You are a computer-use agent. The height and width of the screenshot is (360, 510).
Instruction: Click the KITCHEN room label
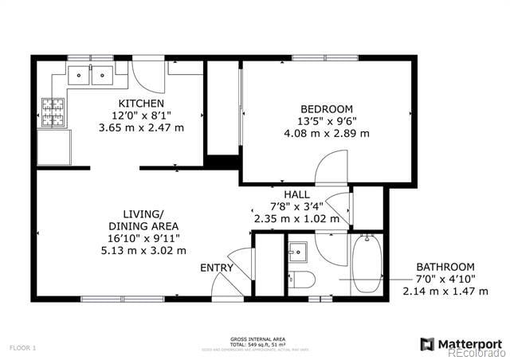click(141, 104)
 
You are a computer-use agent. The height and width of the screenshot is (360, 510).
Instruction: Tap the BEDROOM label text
click(326, 109)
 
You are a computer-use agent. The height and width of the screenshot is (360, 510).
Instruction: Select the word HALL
click(297, 194)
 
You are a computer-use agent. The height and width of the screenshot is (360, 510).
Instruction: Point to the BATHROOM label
click(445, 267)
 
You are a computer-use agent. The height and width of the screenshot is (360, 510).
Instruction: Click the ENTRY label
click(216, 268)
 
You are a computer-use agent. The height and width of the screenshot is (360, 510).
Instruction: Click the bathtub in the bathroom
click(367, 264)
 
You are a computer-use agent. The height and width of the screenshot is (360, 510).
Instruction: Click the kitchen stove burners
click(53, 112)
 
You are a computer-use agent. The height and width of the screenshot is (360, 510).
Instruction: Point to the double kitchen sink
click(90, 76)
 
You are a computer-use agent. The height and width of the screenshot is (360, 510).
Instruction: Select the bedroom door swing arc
click(331, 166)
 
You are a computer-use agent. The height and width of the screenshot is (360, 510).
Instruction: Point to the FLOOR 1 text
click(23, 347)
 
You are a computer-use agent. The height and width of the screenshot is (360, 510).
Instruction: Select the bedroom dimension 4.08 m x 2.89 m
click(328, 133)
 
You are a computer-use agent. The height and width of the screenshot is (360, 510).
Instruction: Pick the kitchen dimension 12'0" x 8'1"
click(141, 115)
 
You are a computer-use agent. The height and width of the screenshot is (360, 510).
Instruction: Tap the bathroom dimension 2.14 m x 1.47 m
click(445, 291)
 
